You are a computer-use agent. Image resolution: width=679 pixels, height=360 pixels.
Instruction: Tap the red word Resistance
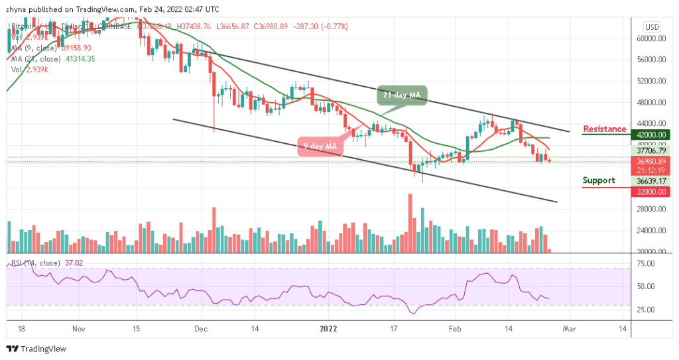pos(604,129)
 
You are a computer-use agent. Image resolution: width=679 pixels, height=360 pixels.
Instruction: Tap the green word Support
pos(599,180)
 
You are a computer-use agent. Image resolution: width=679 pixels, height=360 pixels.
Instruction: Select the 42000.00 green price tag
pos(650,135)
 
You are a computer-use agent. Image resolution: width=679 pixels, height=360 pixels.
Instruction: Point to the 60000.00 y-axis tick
pos(650,39)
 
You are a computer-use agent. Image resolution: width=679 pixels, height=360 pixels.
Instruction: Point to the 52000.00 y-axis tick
pos(650,82)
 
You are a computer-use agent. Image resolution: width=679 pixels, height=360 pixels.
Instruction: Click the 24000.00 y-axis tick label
pos(650,231)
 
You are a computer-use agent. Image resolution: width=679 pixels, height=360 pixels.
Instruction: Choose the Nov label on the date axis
pos(78,328)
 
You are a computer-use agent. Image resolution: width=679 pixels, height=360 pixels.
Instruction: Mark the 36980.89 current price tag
pos(650,160)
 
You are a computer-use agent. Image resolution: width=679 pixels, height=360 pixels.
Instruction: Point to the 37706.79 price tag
pos(650,150)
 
